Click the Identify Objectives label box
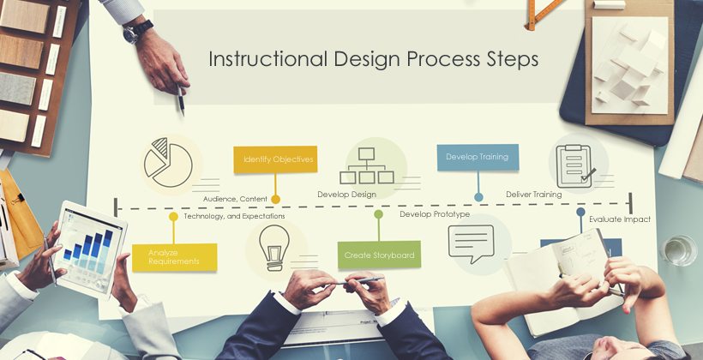[x=275, y=159]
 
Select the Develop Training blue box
[x=478, y=157]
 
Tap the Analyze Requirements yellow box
[x=174, y=257]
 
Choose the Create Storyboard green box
[x=379, y=255]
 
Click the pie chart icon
[x=168, y=162]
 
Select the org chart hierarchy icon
[x=367, y=166]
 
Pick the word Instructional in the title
[x=267, y=59]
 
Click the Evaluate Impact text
[x=620, y=219]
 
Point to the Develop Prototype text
[x=435, y=213]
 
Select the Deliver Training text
[x=533, y=194]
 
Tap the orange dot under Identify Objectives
[x=276, y=199]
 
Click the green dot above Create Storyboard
[x=378, y=214]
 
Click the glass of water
[x=678, y=250]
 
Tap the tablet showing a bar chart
[x=91, y=249]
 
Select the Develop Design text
[x=346, y=195]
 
